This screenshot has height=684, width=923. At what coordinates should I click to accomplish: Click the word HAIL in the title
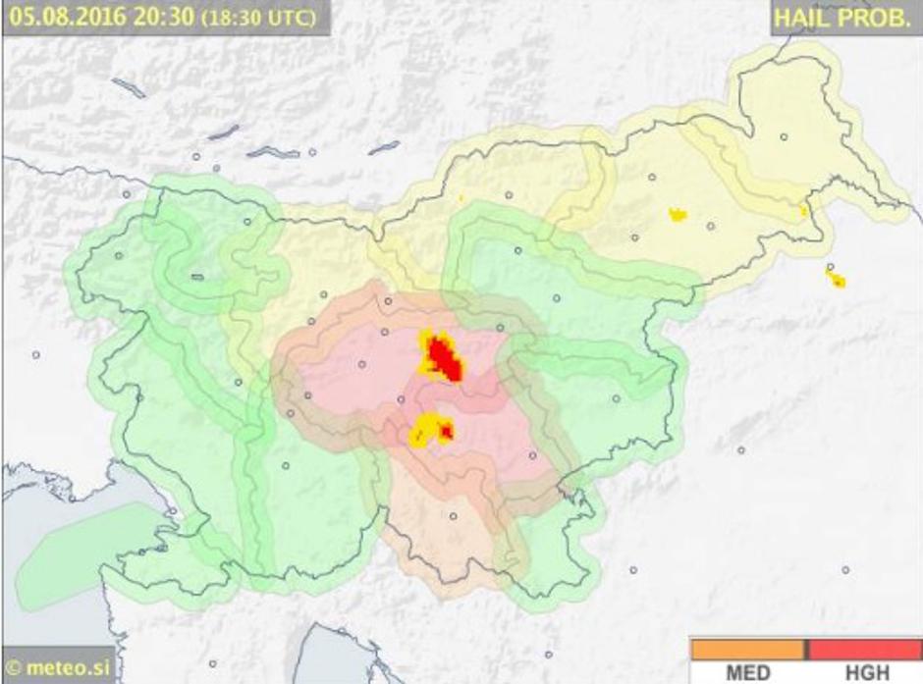800,18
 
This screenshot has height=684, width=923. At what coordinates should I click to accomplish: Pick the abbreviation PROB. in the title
872,18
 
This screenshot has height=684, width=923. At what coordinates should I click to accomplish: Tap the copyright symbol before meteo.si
13,670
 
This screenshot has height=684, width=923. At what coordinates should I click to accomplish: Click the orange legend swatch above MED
747,650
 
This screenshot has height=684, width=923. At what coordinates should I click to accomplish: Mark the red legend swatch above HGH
865,650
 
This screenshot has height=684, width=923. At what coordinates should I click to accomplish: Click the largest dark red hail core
447,359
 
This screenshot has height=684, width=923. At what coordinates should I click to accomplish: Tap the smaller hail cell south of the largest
430,429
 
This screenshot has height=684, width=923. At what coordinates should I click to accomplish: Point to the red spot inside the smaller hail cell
447,430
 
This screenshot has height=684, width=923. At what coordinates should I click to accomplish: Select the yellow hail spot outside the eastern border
837,281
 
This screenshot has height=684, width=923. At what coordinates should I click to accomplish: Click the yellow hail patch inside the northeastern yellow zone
678,214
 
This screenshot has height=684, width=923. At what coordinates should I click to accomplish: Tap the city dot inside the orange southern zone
454,516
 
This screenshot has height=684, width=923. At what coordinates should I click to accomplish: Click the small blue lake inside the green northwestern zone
196,277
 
